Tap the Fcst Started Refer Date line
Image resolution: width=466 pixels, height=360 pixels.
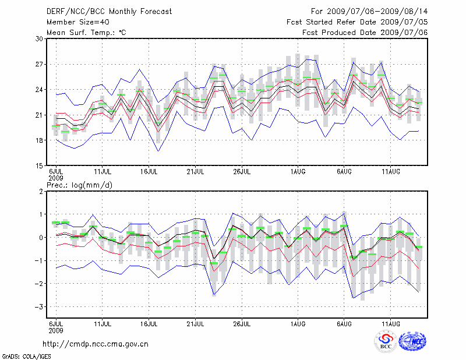(357, 22)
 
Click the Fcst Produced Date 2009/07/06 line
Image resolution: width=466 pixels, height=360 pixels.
(365, 32)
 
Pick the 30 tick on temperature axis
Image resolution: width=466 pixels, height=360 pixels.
(40, 38)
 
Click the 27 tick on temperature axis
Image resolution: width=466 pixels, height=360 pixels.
(40, 64)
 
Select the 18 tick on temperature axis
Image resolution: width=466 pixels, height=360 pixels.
(40, 140)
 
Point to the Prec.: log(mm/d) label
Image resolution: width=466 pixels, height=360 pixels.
(82, 185)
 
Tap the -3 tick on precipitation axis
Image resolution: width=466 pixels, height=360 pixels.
(40, 306)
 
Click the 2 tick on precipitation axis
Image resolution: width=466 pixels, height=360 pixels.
(41, 191)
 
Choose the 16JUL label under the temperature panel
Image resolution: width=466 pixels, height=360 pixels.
(149, 172)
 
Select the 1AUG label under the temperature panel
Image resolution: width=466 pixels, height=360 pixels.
(298, 172)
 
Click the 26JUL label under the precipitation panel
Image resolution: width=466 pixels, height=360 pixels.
(242, 324)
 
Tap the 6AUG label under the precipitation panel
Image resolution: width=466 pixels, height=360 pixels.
(344, 324)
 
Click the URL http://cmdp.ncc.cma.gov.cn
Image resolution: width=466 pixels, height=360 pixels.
(96, 344)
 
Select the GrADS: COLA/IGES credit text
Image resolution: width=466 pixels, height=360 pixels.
(22, 355)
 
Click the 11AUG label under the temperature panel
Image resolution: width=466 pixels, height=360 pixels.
(390, 172)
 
